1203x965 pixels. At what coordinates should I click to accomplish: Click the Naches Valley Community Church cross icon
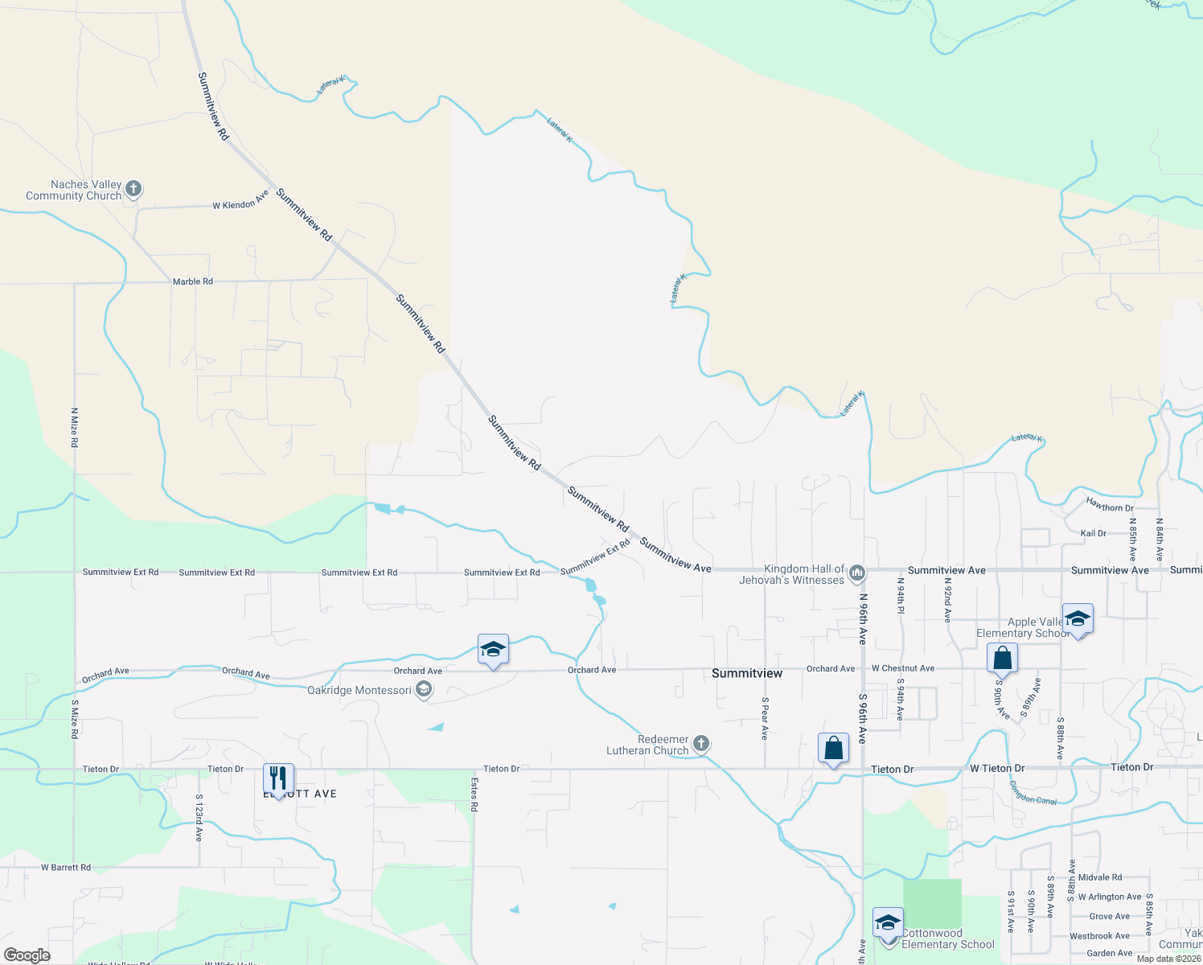click(x=133, y=189)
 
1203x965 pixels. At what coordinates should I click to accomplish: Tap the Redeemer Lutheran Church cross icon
click(x=701, y=744)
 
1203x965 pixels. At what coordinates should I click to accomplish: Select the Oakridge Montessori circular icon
click(x=424, y=690)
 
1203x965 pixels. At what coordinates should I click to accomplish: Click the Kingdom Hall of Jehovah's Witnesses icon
click(x=857, y=573)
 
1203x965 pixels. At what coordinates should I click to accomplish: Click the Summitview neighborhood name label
click(x=747, y=673)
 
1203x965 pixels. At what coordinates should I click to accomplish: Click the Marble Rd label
click(x=193, y=281)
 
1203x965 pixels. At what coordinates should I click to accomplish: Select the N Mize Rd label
click(x=74, y=428)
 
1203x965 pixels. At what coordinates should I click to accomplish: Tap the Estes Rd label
click(x=474, y=795)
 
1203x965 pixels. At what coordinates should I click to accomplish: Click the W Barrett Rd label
click(x=66, y=868)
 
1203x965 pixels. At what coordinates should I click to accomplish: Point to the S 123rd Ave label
click(x=199, y=818)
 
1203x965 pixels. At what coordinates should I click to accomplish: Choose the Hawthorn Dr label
click(x=1110, y=507)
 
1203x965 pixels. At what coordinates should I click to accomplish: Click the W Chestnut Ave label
click(x=903, y=668)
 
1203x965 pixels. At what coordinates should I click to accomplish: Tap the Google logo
click(x=27, y=955)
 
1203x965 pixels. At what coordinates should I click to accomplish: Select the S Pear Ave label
click(x=765, y=718)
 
